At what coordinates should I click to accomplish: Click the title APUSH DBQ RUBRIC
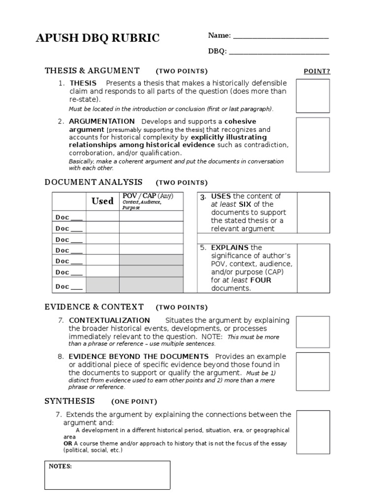click(98, 38)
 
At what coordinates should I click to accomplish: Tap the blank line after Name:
click(281, 36)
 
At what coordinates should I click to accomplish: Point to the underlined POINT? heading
click(316, 71)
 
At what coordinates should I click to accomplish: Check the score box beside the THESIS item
click(313, 95)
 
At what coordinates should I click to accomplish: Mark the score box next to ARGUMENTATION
click(313, 145)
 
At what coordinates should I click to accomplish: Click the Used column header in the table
click(102, 201)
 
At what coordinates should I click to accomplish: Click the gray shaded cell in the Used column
click(102, 285)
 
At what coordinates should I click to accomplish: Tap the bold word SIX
click(245, 204)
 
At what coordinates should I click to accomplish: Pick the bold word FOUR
click(261, 280)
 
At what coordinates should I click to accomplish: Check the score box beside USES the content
click(313, 213)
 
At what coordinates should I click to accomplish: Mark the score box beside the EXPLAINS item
click(313, 268)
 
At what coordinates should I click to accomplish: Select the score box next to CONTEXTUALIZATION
click(313, 332)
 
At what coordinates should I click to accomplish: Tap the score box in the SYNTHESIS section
click(313, 432)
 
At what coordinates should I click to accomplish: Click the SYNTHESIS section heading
click(69, 401)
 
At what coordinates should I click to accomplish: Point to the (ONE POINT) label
click(134, 402)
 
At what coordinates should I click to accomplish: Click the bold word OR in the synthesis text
click(67, 443)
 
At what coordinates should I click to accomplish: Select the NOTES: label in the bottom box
click(60, 467)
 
